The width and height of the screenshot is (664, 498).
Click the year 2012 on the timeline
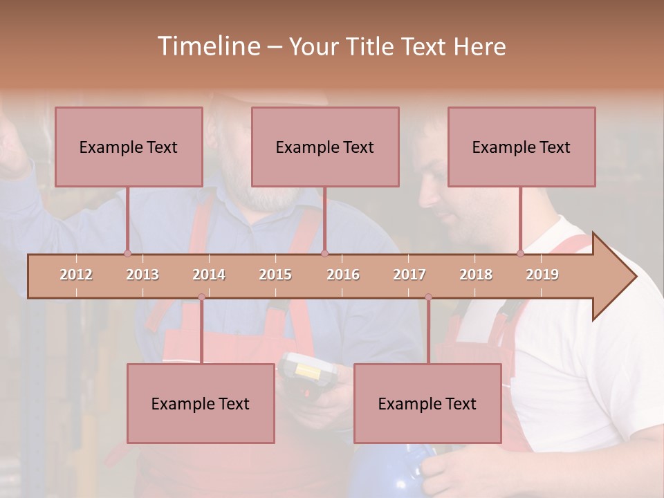click(x=76, y=275)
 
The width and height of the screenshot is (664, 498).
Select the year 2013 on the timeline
click(x=142, y=275)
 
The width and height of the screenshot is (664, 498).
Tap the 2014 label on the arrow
click(x=209, y=275)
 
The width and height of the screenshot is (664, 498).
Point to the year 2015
click(x=275, y=275)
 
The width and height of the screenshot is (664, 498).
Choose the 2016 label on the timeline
click(x=343, y=275)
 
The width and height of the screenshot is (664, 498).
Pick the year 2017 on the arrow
click(x=409, y=275)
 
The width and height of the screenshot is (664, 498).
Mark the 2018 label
click(x=476, y=275)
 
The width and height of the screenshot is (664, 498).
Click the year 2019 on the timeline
click(x=542, y=275)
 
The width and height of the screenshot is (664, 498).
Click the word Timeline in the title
click(x=207, y=46)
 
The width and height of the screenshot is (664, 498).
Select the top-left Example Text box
click(x=129, y=147)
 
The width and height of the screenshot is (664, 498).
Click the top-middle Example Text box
click(x=325, y=147)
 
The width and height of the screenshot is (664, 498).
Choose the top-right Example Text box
click(x=522, y=147)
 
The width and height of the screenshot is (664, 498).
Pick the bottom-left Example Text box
click(x=201, y=403)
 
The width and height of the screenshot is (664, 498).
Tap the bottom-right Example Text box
click(x=427, y=403)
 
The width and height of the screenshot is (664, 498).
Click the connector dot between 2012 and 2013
click(x=127, y=253)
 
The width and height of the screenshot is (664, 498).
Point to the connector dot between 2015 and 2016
click(x=324, y=253)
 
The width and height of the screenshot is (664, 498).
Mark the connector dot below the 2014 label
click(x=201, y=297)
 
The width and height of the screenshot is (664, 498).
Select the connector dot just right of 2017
click(x=428, y=297)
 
